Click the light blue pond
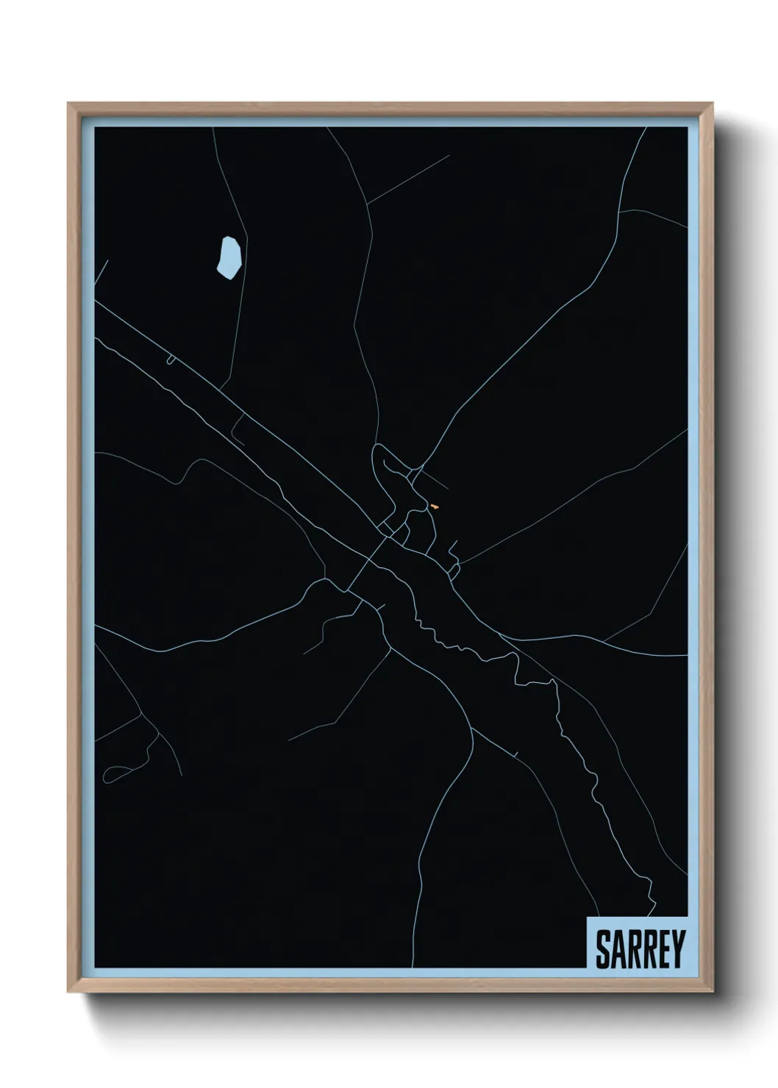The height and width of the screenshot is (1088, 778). tap(229, 257)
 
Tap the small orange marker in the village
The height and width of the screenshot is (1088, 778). tap(435, 507)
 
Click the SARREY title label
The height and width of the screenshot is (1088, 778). tap(639, 948)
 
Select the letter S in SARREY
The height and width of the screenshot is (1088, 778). tap(603, 949)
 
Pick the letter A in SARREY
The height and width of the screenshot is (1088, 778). tap(618, 949)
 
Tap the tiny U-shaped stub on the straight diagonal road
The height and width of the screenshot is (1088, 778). tap(171, 359)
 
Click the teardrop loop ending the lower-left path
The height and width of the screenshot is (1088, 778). tap(114, 773)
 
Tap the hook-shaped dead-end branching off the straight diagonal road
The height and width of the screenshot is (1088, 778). tap(237, 432)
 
